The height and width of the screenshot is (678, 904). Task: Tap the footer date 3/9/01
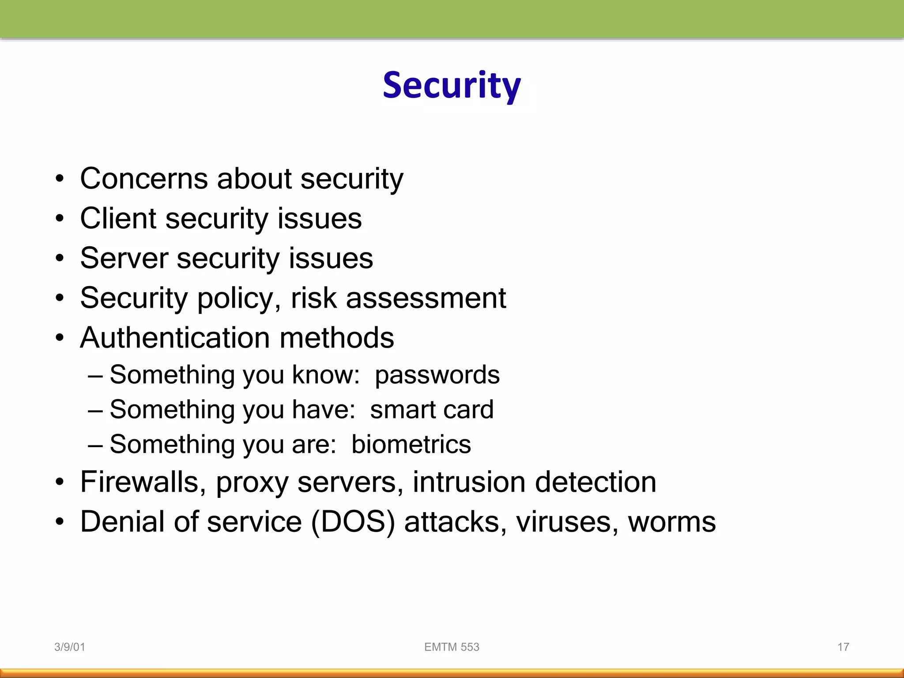pos(69,647)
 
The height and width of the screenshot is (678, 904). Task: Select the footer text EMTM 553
pos(452,647)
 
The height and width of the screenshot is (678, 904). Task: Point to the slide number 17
pos(843,647)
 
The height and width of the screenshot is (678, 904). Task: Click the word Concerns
pos(144,179)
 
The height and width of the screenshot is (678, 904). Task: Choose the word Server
pos(124,258)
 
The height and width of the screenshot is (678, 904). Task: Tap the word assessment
pos(426,298)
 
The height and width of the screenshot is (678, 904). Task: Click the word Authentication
pos(175,338)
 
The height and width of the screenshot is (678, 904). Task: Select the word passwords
pos(437,375)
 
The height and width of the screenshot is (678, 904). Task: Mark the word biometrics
pos(411,444)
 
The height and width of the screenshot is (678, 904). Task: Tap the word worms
pos(671,522)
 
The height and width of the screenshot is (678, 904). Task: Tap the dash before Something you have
pos(95,411)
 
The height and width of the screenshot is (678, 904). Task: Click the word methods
pos(336,338)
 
